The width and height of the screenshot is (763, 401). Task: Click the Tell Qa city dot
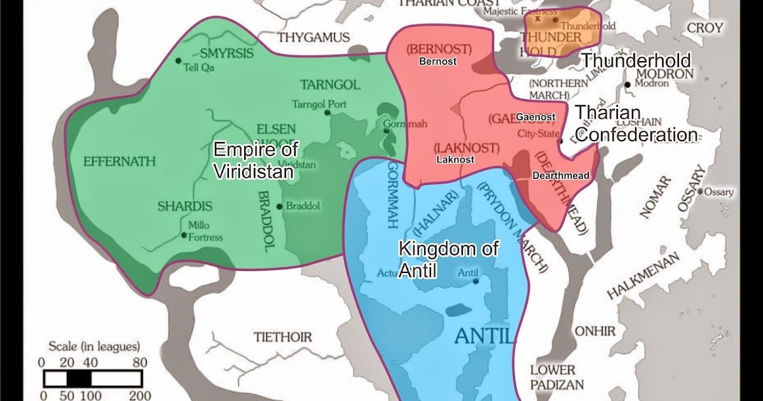pyautogui.click(x=179, y=60)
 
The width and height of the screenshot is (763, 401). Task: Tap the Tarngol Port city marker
pyautogui.click(x=327, y=113)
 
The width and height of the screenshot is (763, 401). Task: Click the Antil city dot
pyautogui.click(x=476, y=281)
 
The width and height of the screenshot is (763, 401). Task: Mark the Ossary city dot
pyautogui.click(x=699, y=191)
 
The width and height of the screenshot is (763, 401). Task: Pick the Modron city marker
pyautogui.click(x=628, y=84)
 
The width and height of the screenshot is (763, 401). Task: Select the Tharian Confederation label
pyautogui.click(x=636, y=124)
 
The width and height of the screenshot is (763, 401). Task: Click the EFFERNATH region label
pyautogui.click(x=119, y=162)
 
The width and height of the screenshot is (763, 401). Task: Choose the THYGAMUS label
pyautogui.click(x=313, y=38)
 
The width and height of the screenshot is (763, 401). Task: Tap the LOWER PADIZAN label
pyautogui.click(x=552, y=376)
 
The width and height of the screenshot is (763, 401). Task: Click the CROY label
pyautogui.click(x=705, y=28)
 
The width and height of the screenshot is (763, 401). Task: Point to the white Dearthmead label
pyautogui.click(x=561, y=176)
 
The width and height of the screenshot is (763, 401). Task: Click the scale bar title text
pyautogui.click(x=94, y=347)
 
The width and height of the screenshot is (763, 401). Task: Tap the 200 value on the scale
pyautogui.click(x=139, y=395)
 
